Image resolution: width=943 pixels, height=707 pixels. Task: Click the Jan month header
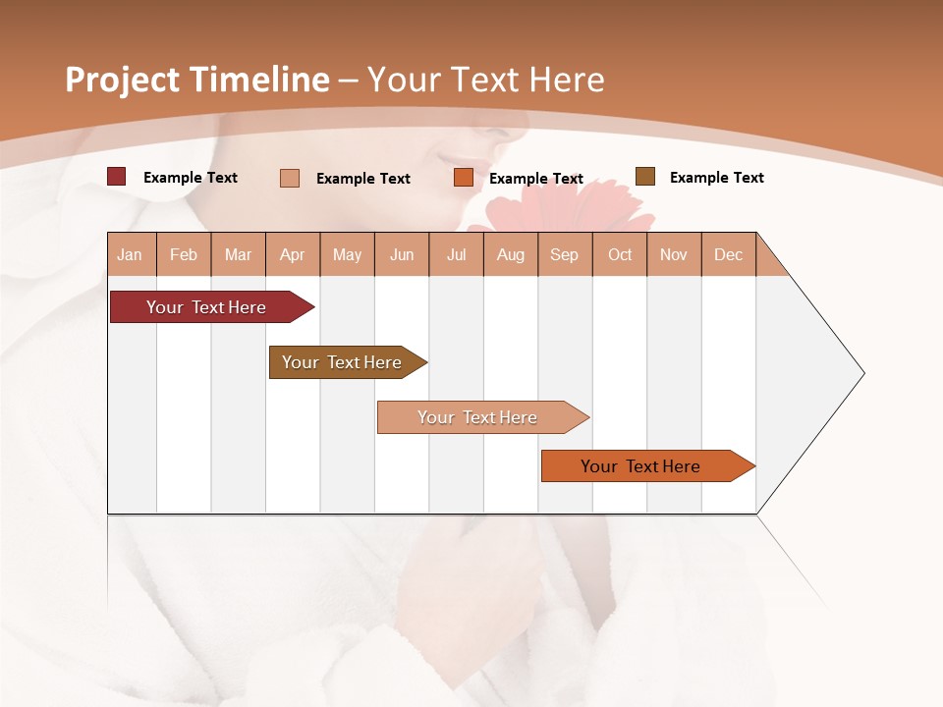[x=130, y=254]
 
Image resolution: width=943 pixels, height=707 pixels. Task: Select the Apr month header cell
[x=293, y=254]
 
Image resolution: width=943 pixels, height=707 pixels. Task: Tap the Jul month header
[x=456, y=254]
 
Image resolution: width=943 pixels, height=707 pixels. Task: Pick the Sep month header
[x=564, y=254]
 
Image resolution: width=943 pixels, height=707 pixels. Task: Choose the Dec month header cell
[x=728, y=254]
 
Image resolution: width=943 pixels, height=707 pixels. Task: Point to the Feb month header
[x=184, y=254]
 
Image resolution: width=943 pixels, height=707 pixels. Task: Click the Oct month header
[x=620, y=254]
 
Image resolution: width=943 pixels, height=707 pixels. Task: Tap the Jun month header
[x=402, y=254]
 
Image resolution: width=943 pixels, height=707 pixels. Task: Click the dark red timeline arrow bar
[x=206, y=307]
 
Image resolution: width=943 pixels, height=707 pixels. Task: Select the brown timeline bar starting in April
[x=342, y=362]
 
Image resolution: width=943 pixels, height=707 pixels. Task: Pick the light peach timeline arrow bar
[x=477, y=417]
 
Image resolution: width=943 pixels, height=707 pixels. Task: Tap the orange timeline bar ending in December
[x=640, y=466]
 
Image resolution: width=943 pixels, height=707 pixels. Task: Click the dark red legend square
[x=117, y=177]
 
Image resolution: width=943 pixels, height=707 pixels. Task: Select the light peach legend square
[x=290, y=178]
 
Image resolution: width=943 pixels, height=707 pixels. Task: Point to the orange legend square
[x=464, y=178]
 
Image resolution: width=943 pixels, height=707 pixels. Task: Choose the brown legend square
[x=645, y=177]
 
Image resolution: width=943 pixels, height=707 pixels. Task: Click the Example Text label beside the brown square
[x=716, y=178]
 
